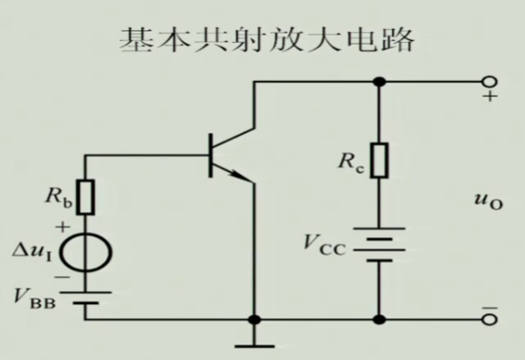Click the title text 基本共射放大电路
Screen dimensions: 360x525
coord(262,39)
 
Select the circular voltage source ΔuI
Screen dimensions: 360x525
coord(85,252)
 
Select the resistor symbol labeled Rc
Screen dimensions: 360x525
coord(378,162)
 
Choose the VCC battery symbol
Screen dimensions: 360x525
coord(378,247)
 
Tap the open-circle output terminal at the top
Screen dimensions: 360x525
coord(488,83)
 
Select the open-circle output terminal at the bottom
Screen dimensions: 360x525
coord(488,319)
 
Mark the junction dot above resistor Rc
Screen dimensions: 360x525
coord(378,83)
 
